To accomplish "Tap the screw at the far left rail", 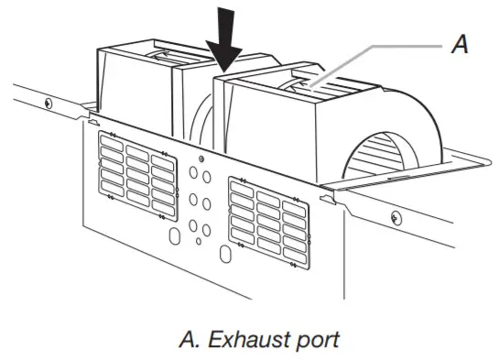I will click(48, 103).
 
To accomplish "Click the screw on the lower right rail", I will click(395, 217).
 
